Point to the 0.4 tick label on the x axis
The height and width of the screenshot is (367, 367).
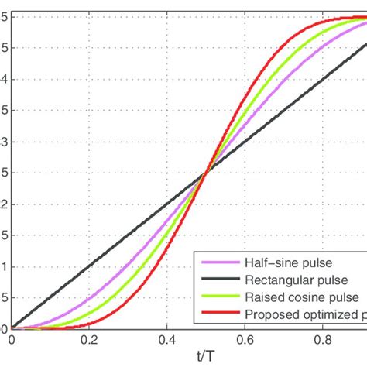[166, 339]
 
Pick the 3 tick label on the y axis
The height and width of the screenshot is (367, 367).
[5, 142]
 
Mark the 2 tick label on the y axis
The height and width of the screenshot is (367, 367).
[5, 204]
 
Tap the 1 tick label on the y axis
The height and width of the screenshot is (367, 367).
[5, 267]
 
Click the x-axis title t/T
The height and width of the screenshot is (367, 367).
[204, 355]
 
